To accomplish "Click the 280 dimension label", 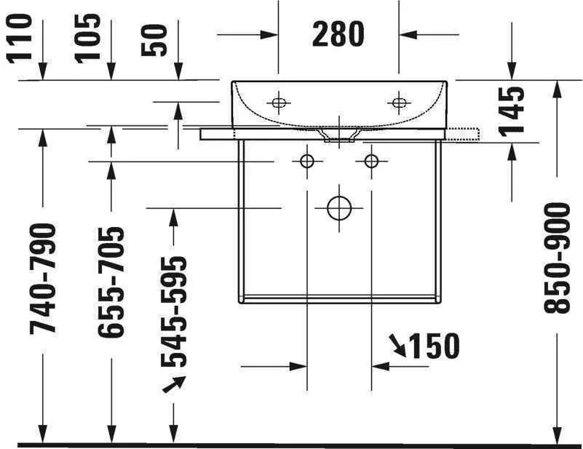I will pyautogui.click(x=338, y=34).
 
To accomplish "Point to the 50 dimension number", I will pyautogui.click(x=157, y=41).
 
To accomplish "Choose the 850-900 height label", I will pyautogui.click(x=557, y=258).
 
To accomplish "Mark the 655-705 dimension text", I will pyautogui.click(x=111, y=282).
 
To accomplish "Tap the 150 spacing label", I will pyautogui.click(x=435, y=346).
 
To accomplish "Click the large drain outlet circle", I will pyautogui.click(x=339, y=208).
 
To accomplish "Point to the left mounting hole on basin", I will pyautogui.click(x=278, y=103).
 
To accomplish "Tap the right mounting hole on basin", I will pyautogui.click(x=399, y=103).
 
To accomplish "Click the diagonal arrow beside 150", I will pyautogui.click(x=397, y=345).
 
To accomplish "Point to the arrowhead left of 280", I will pyautogui.click(x=270, y=33).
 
